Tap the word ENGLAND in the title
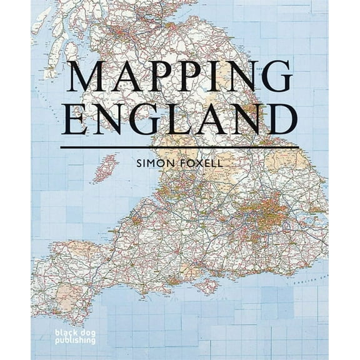pyautogui.click(x=179, y=119)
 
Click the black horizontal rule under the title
pyautogui.click(x=179, y=147)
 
